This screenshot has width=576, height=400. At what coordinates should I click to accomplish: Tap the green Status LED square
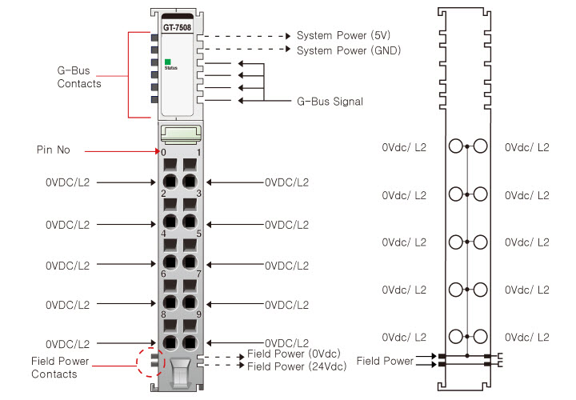coord(168,62)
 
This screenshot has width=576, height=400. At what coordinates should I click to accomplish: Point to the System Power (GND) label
coord(349,50)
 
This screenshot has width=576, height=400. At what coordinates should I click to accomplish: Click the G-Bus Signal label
coord(330,102)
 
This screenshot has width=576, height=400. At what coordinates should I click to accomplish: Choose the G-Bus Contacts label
coord(79,78)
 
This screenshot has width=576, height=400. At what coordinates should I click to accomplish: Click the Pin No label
coord(54,150)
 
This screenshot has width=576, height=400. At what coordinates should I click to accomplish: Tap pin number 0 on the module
coord(164,152)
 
